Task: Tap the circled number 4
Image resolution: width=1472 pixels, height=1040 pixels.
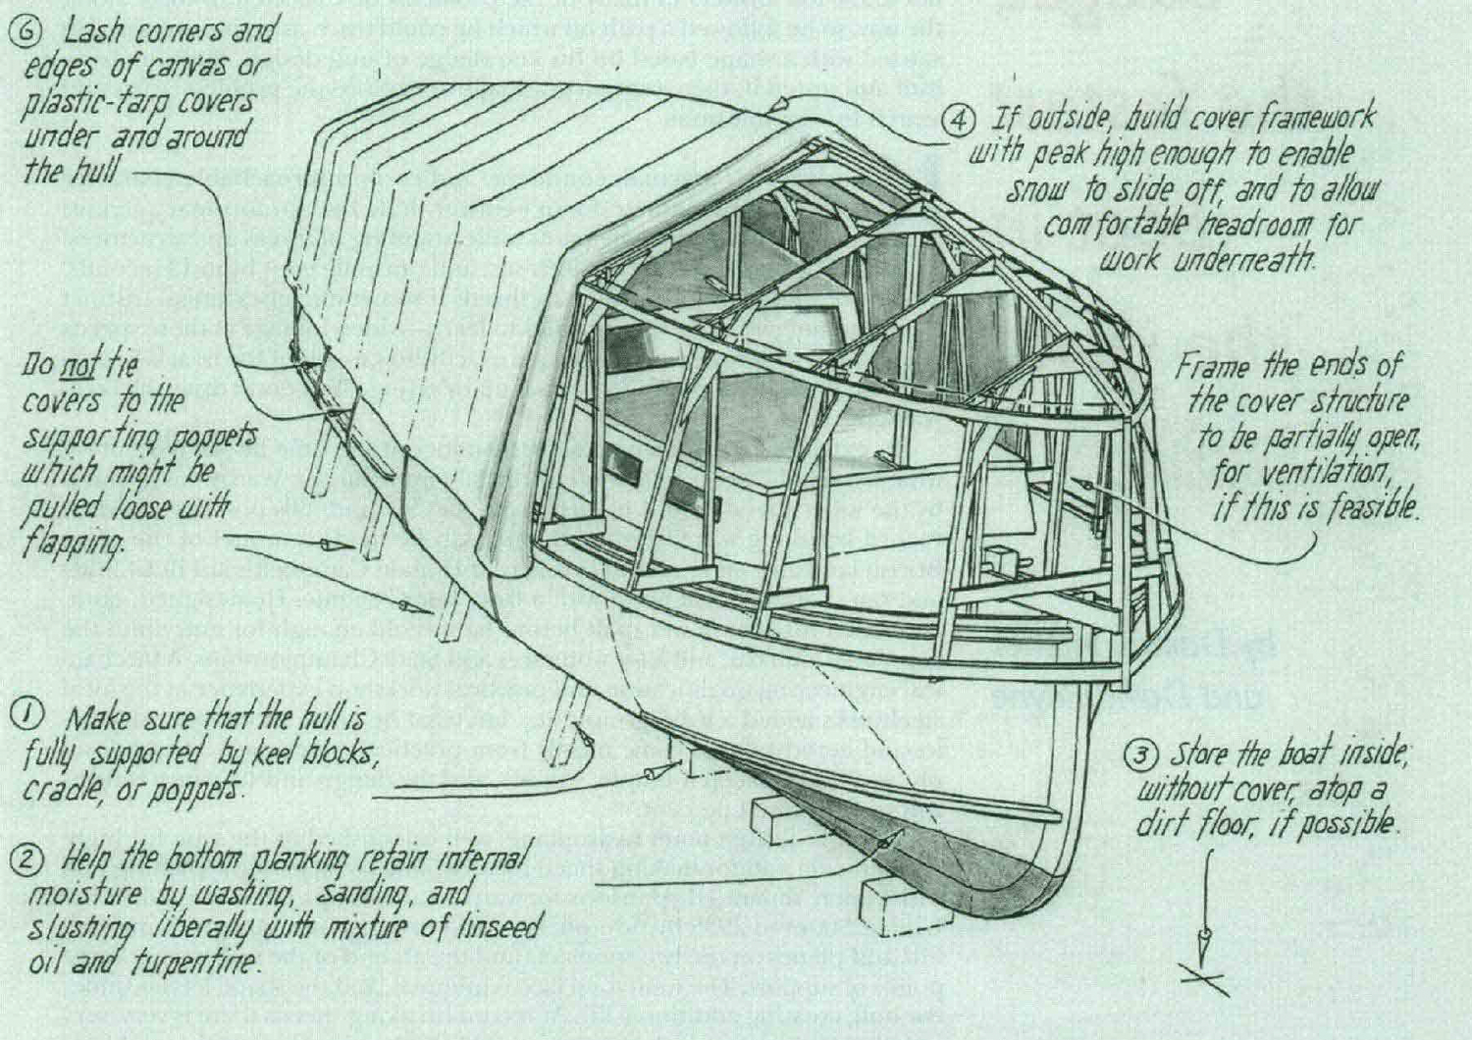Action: (958, 121)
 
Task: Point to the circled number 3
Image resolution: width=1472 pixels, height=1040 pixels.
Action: (1140, 755)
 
